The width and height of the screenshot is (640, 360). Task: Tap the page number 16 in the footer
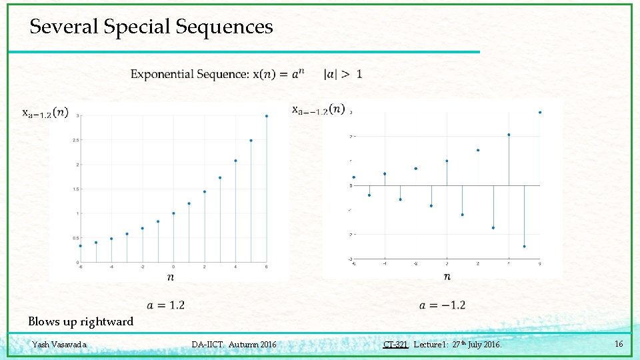[619, 344]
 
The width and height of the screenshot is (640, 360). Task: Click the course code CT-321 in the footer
[395, 345]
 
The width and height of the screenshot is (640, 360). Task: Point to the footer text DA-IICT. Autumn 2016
[233, 345]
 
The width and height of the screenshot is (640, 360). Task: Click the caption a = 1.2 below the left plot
[166, 305]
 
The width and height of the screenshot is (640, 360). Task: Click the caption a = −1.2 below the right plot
[442, 305]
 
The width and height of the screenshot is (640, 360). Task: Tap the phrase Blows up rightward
[81, 322]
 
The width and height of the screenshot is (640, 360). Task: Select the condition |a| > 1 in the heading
[343, 74]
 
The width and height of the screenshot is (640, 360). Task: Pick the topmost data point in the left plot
[267, 116]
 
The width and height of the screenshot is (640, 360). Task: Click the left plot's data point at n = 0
[173, 213]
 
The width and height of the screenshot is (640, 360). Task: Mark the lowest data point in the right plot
[524, 246]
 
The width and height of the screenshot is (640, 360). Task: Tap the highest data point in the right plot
[540, 113]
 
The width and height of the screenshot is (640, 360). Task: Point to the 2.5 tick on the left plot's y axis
[78, 140]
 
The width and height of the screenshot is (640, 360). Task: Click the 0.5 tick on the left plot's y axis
[78, 238]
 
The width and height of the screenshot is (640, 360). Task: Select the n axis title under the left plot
[171, 276]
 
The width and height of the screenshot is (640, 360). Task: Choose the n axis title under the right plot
[447, 276]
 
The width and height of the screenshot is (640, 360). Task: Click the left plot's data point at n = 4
[235, 161]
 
